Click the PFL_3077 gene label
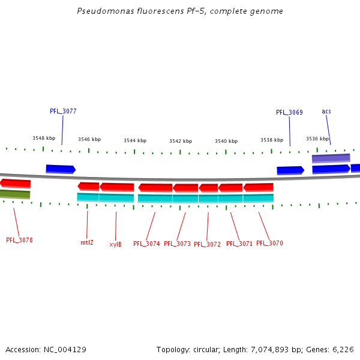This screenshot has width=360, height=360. [63, 111]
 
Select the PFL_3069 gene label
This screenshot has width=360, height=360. [289, 112]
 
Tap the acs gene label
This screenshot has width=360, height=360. [326, 111]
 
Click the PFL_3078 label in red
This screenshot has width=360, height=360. [19, 240]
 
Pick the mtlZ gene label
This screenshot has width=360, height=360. [87, 242]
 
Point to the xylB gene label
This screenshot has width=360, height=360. [115, 244]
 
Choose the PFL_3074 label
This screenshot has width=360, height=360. [146, 244]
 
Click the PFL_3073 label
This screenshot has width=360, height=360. [177, 244]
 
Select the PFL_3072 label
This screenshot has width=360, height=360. [207, 244]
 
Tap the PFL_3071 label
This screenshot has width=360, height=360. [239, 244]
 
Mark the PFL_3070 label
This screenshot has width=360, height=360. [269, 243]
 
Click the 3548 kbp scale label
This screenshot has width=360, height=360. [44, 138]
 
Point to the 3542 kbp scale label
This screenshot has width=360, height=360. [181, 141]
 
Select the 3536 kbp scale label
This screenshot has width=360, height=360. [317, 139]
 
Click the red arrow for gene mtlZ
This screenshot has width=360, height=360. [88, 186]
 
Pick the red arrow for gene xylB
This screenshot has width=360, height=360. [117, 187]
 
